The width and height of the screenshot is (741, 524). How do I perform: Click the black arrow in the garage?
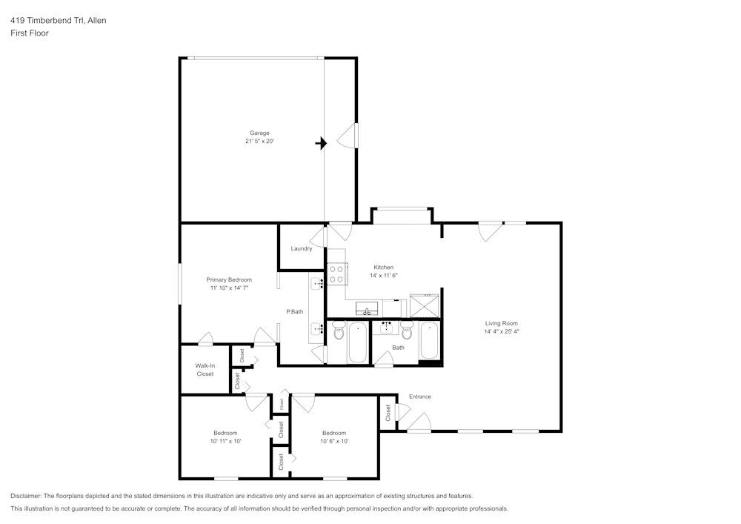click(x=321, y=143)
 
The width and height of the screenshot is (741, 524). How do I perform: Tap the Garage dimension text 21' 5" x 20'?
click(x=259, y=142)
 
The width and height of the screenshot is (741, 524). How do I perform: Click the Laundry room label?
click(x=301, y=248)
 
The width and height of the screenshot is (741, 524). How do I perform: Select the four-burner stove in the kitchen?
click(x=336, y=274)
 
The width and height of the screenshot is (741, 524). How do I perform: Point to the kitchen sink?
click(x=367, y=308)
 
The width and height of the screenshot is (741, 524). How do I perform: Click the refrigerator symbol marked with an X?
click(x=425, y=305)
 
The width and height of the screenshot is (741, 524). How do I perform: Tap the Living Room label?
click(x=501, y=323)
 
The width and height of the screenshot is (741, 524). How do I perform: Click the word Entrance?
click(x=419, y=397)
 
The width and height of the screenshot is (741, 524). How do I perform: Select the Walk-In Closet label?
click(x=205, y=370)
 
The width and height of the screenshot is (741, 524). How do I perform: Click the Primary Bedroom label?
click(x=228, y=279)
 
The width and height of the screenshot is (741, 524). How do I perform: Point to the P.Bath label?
click(x=295, y=311)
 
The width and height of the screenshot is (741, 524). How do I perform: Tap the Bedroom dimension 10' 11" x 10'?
click(x=225, y=441)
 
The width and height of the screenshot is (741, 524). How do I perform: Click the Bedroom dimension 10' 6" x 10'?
click(x=333, y=441)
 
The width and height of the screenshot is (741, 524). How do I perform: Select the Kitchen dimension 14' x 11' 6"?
click(x=383, y=276)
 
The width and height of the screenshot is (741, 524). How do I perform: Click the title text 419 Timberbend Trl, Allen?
click(x=58, y=20)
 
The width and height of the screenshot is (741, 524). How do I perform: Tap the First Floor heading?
click(x=30, y=33)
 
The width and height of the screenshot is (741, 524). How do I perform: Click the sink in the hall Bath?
click(x=386, y=325)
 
